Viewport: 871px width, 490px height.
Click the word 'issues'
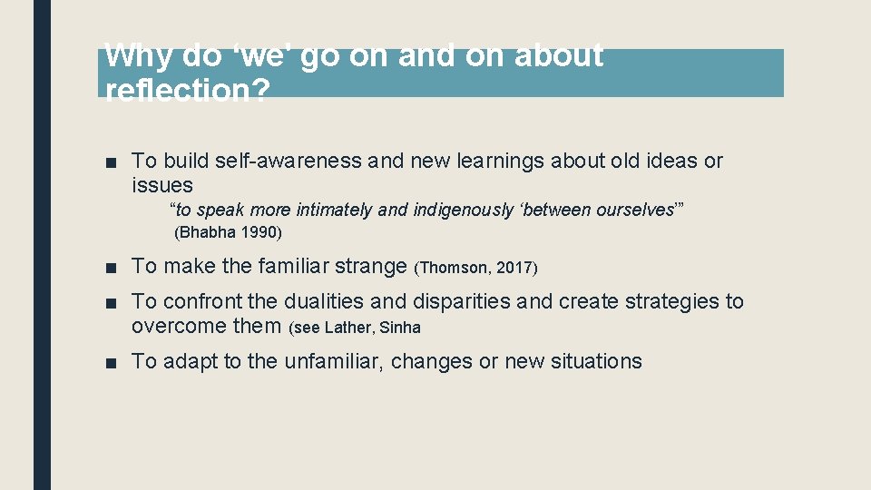(x=162, y=185)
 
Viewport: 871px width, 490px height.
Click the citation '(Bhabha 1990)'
(x=228, y=232)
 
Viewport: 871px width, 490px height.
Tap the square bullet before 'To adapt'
(x=111, y=362)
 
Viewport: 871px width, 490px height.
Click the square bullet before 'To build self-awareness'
(x=111, y=162)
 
